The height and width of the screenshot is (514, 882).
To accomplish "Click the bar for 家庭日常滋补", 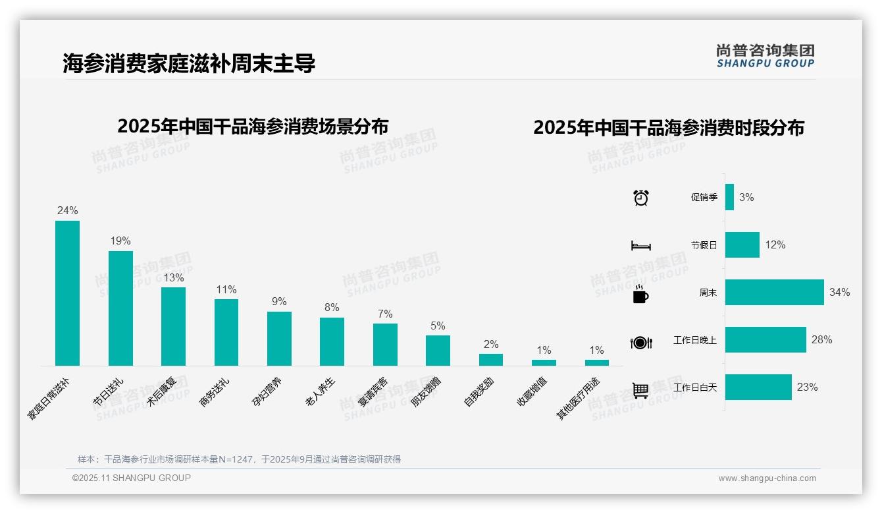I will (67, 293).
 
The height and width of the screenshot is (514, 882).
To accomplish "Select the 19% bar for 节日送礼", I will (120, 308).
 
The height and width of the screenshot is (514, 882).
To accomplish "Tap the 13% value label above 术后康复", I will (174, 277).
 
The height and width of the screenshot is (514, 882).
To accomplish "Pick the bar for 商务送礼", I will (226, 332).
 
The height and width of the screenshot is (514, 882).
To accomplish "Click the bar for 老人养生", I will (332, 341).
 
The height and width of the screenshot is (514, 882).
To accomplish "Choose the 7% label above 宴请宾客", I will (385, 314).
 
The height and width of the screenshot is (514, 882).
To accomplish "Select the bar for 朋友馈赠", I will (438, 351).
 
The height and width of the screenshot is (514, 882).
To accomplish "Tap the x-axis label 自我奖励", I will (479, 393).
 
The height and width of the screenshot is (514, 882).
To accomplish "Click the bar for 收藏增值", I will (544, 362).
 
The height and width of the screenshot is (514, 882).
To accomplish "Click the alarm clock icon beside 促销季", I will (641, 198).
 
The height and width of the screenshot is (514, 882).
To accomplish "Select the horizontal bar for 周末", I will (774, 293).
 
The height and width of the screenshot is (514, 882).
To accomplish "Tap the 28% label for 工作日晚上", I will (821, 340).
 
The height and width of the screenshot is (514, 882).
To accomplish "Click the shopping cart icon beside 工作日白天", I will (640, 390).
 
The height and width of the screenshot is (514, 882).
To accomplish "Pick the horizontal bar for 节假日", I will (742, 245).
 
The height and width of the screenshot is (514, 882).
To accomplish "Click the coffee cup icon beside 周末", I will (640, 294).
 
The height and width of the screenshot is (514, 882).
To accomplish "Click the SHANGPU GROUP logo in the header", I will (765, 56).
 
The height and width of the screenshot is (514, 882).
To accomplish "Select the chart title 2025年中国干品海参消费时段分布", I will (669, 128).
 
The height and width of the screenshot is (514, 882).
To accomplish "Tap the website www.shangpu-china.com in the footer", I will (767, 478).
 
